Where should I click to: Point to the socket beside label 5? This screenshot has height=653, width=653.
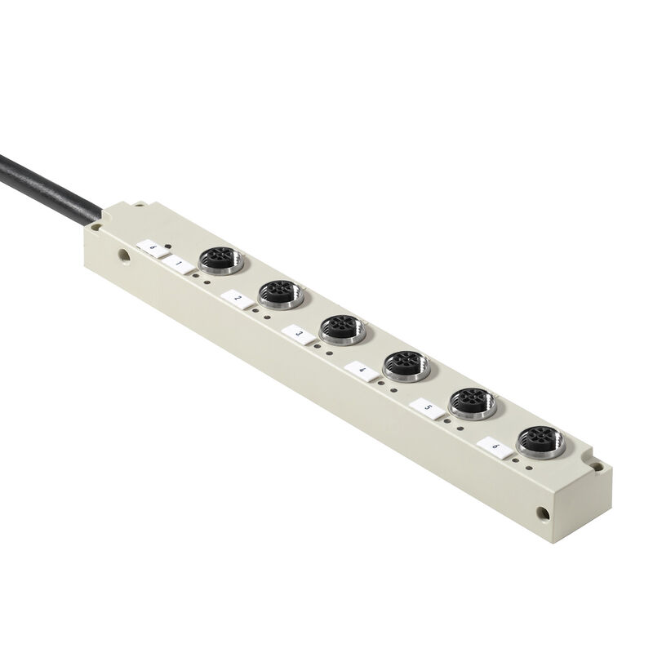tap(473, 401)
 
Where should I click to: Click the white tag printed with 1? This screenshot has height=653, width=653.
tap(179, 264)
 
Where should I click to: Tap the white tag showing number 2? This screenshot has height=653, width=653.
tap(237, 299)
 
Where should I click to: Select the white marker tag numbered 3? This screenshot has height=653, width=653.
tap(298, 334)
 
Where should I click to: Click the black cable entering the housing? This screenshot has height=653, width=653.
tap(49, 180)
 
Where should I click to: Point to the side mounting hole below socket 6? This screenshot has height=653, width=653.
tap(541, 513)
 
